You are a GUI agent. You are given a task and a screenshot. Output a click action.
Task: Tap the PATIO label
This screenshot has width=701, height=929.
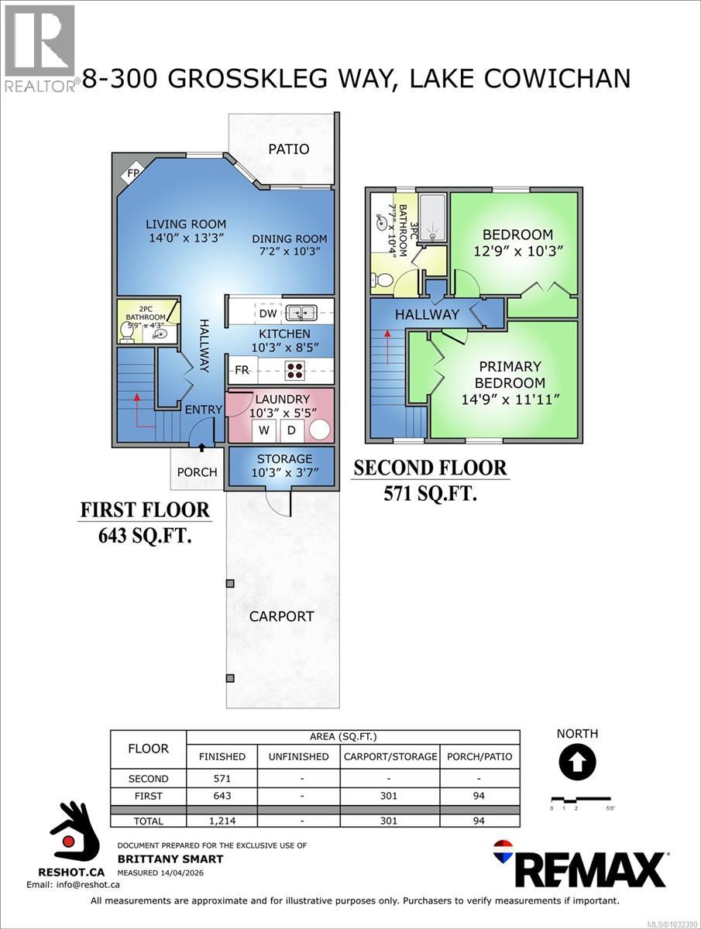coord(288,149)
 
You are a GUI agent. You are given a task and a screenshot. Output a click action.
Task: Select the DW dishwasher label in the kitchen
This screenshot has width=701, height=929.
coord(268,313)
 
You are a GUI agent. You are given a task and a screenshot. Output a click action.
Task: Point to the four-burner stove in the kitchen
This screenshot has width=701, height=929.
coord(295,370)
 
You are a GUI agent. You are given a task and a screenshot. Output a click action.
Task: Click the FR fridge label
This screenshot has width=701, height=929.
coord(242,370)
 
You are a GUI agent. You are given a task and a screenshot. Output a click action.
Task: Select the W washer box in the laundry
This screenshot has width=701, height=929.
coord(264,430)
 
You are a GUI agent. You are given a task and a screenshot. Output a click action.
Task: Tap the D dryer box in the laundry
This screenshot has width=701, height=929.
coord(291,430)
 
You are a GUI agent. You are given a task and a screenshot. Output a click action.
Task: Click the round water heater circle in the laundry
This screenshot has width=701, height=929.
coord(319,430)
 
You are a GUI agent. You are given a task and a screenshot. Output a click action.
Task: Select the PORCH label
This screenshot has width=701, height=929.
coord(197,472)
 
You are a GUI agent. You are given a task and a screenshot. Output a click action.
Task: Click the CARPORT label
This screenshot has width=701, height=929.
coord(281,617)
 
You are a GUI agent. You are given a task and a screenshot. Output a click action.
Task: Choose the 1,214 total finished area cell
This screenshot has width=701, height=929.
coord(222,821)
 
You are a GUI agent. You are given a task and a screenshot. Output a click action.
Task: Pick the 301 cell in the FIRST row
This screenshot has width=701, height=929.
coord(388,796)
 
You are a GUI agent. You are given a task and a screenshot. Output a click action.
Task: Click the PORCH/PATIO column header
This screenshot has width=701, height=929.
coord(480,756)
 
